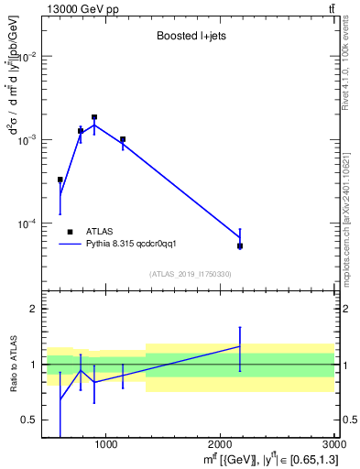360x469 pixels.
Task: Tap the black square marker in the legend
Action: (71, 232)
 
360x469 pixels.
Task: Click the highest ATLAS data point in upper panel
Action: (94, 117)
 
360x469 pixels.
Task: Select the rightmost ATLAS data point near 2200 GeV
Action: (240, 245)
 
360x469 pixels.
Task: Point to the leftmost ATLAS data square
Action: (60, 180)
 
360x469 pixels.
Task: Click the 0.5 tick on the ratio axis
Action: (30, 420)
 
